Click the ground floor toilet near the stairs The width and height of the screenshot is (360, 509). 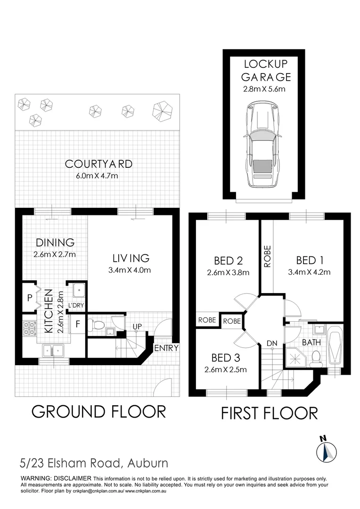pos(97,325)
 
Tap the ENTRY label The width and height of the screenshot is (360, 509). pos(166,348)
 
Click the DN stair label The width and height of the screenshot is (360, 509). pos(272,343)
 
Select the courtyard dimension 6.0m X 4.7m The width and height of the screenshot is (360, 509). pos(98,176)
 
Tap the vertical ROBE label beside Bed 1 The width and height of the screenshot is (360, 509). pos(267,256)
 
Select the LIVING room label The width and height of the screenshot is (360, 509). pos(131,258)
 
